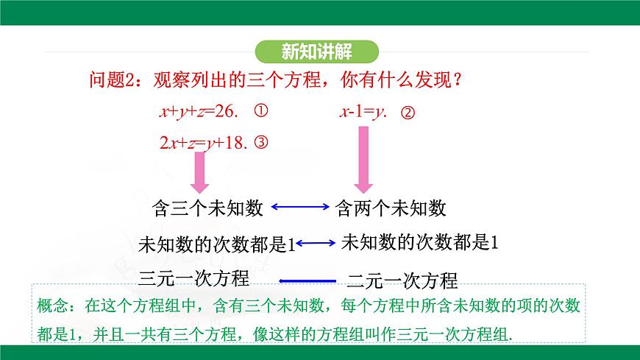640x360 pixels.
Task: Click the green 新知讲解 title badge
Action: [318, 52]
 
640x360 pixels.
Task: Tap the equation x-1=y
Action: [363, 112]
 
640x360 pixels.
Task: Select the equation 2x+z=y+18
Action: [205, 143]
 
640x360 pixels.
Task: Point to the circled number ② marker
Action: [409, 113]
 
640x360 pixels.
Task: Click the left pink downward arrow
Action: [199, 174]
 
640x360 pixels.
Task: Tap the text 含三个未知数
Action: [207, 208]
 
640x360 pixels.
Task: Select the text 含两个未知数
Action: [391, 208]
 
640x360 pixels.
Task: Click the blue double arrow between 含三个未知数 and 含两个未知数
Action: [300, 208]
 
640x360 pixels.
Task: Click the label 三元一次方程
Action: [193, 277]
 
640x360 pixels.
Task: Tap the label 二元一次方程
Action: [402, 280]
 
